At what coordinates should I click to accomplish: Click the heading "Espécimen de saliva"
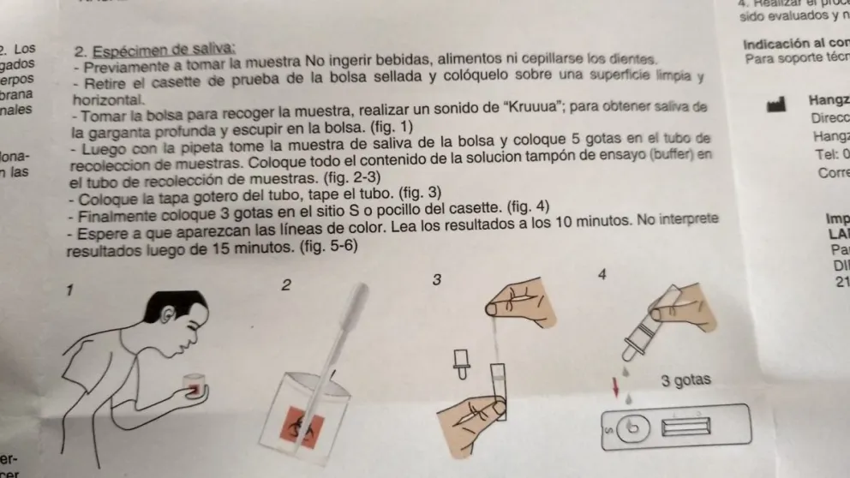pos(163,50)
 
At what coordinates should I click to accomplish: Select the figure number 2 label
pos(285,284)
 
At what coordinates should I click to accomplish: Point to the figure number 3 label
pos(437,279)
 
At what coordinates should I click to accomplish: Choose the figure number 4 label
pos(602,274)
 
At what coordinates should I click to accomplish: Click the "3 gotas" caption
pos(685,380)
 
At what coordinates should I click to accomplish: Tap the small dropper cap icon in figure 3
pos(462,363)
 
